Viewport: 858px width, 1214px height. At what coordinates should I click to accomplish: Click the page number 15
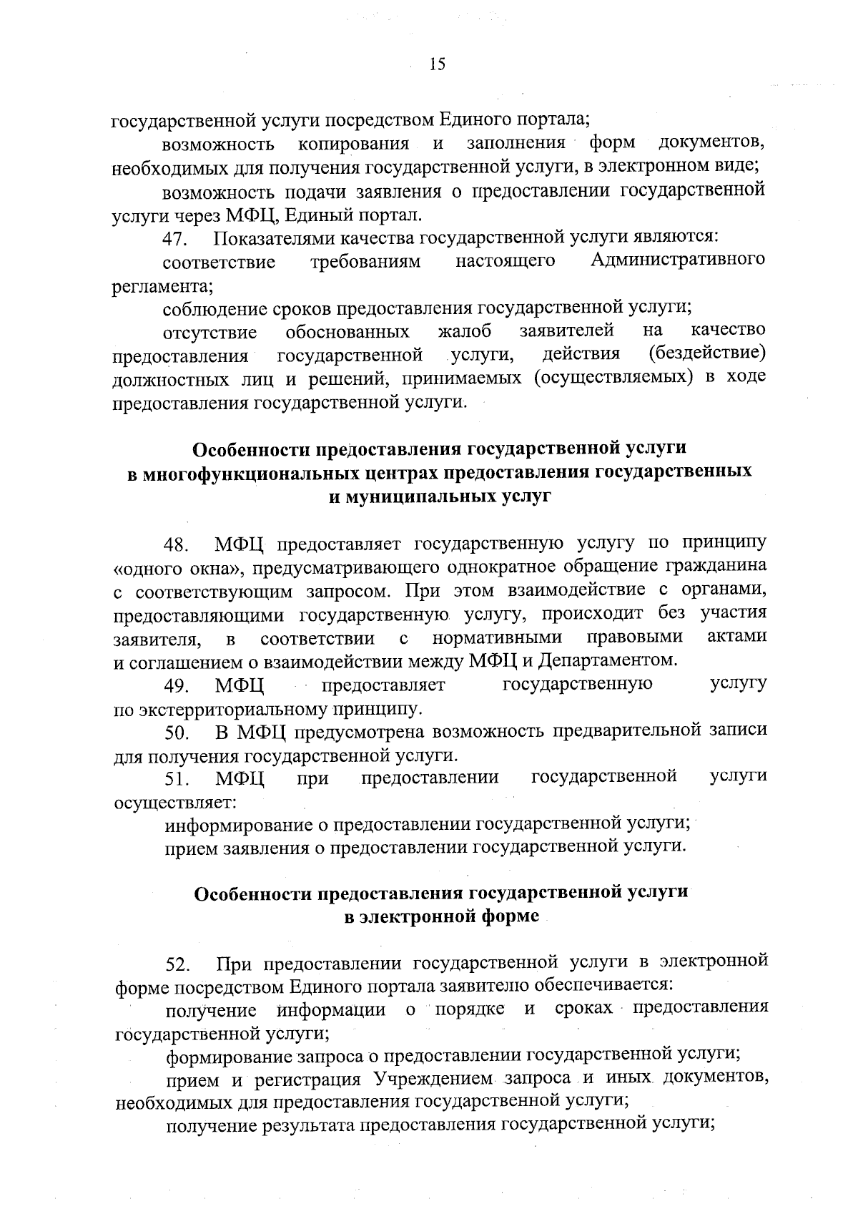pos(438,65)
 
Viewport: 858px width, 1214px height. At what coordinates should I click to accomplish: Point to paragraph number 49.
pos(177,687)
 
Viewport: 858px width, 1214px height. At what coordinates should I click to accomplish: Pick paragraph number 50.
pos(177,733)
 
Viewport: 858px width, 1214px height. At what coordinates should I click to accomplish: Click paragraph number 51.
pos(177,779)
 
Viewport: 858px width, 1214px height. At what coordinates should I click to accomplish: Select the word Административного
pos(679,260)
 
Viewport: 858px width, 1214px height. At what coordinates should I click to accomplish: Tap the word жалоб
pos(465,331)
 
